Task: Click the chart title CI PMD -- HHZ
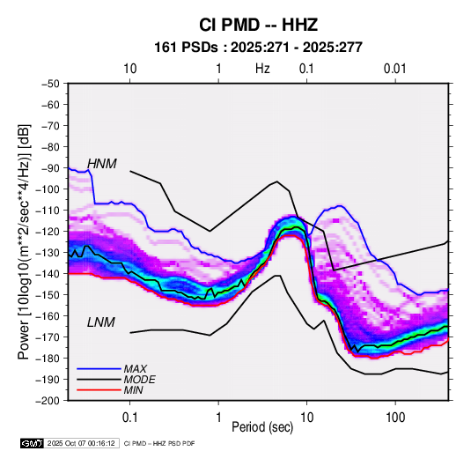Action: click(258, 25)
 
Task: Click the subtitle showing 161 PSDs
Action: click(258, 48)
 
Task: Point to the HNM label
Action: click(101, 164)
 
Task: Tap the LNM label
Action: click(101, 322)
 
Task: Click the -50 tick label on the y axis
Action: click(50, 84)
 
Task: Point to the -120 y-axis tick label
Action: click(48, 232)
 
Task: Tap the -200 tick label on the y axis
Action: click(48, 401)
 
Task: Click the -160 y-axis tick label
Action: click(48, 316)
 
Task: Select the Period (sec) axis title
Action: click(262, 427)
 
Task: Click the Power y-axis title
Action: click(24, 242)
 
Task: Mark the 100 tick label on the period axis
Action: click(395, 418)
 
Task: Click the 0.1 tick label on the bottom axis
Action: click(129, 418)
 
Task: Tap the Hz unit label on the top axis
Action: click(262, 69)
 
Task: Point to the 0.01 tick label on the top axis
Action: click(394, 69)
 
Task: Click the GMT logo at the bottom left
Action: click(32, 443)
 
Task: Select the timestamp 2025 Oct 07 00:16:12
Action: click(81, 443)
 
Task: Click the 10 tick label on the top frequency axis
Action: click(130, 69)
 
